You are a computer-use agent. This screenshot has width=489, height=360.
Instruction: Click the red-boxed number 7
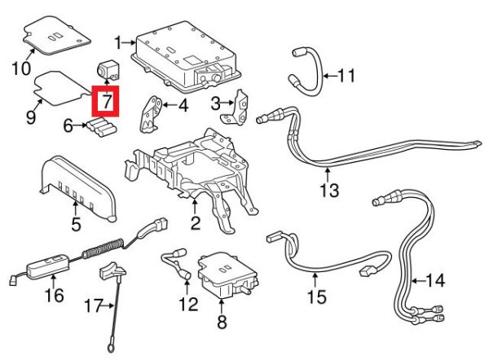click(105, 103)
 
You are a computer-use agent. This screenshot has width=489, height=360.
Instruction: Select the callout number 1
click(118, 41)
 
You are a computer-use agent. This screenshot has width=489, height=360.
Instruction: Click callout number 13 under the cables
click(328, 191)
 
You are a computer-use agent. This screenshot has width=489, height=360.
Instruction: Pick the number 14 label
click(435, 282)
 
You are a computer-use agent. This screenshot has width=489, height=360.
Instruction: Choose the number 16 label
click(54, 294)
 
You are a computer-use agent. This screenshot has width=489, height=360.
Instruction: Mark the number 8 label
click(221, 323)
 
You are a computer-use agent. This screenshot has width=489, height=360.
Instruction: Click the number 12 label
click(188, 305)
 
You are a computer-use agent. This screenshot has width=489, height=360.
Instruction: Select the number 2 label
click(195, 222)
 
